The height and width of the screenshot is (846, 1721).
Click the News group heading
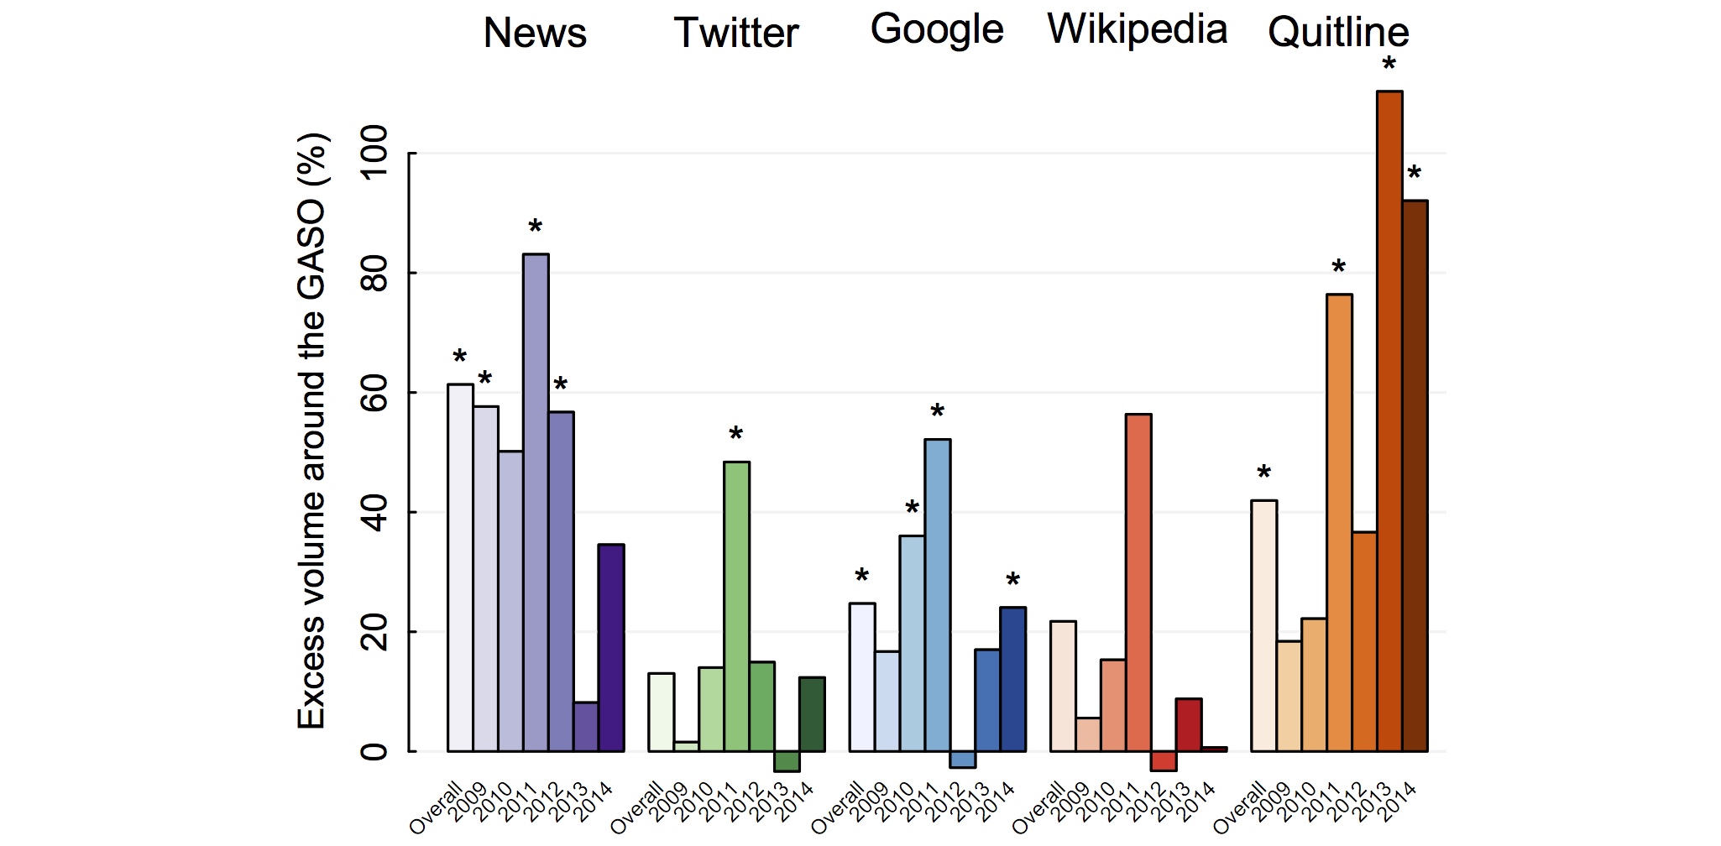pos(535,34)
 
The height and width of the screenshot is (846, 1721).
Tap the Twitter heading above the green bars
pos(736,34)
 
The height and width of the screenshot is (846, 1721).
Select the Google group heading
pos(937,30)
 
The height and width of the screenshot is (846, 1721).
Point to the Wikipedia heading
pos(1138,30)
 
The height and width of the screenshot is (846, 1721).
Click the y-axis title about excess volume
pos(312,431)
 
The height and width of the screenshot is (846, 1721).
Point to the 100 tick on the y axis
pos(374,153)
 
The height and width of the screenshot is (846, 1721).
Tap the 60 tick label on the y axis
pos(374,392)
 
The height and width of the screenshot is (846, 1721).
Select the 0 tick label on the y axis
pos(374,750)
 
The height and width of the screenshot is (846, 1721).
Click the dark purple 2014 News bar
pos(611,648)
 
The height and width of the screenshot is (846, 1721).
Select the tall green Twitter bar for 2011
pos(736,606)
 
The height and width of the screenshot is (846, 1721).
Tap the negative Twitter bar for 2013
pos(787,761)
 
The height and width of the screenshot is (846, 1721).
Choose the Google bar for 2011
pos(938,595)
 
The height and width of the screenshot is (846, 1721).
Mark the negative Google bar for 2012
pos(963,760)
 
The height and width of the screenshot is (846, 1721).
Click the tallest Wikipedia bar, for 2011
pos(1138,582)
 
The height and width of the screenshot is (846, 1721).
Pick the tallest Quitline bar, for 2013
pos(1389,421)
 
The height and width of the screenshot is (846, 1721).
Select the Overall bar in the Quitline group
pos(1263,626)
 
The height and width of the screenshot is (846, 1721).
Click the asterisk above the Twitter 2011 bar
pos(736,435)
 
